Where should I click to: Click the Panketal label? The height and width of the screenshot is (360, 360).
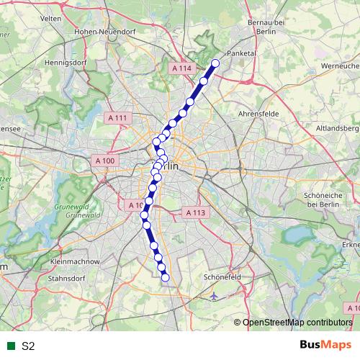coord(242,53)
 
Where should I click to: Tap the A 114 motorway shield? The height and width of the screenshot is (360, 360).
coord(182,68)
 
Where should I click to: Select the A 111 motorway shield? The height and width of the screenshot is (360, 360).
coord(117,117)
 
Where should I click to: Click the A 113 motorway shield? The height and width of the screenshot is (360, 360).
coord(196,213)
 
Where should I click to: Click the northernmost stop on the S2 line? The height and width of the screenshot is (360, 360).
coord(215,62)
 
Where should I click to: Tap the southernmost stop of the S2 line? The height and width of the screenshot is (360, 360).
coord(165,277)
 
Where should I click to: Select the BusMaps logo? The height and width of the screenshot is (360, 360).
coord(326,345)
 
